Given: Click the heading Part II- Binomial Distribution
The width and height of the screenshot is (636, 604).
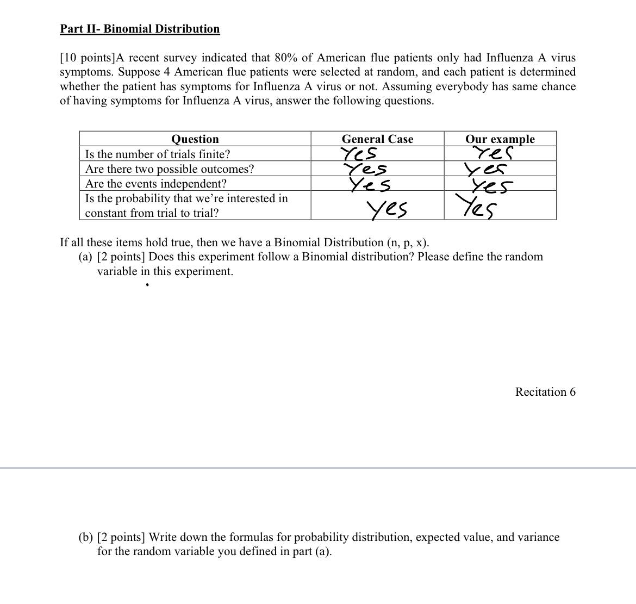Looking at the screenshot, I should click(140, 29).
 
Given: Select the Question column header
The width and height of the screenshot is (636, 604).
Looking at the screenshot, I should click(195, 139).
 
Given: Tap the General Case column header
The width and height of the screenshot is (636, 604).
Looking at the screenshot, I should click(377, 139).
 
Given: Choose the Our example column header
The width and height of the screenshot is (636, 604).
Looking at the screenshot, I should click(500, 139).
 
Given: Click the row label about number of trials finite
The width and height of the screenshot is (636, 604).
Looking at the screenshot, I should click(158, 154).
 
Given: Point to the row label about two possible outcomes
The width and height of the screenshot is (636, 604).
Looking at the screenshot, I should click(170, 169).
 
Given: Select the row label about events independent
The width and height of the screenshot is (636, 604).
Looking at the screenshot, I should click(156, 183).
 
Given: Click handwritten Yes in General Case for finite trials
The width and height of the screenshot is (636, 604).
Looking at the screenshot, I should click(359, 154).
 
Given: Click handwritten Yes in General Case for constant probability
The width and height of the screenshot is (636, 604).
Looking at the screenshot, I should click(387, 209).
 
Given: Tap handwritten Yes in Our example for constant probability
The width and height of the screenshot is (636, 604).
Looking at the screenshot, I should click(476, 207).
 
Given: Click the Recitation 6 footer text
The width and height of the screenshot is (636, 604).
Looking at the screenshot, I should click(545, 392).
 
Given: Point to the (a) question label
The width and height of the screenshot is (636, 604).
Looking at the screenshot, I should click(85, 257).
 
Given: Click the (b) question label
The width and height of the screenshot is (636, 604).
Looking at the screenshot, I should click(85, 537).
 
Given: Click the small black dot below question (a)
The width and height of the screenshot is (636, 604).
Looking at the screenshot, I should click(147, 284).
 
